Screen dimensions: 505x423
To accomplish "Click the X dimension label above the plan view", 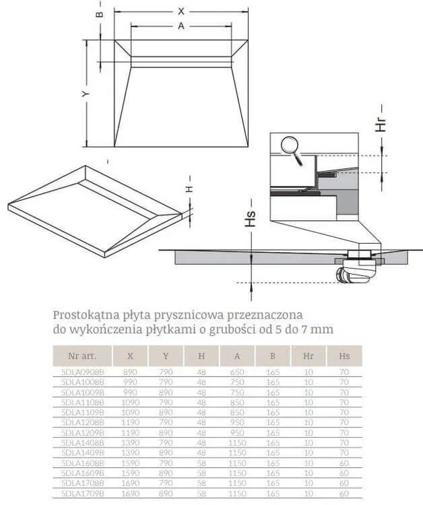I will point(181,11).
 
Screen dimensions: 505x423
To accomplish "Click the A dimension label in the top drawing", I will point(181,26).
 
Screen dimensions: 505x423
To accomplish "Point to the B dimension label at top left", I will point(99,13).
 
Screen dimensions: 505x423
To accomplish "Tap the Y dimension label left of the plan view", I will point(85,95).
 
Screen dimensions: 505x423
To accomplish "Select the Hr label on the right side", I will point(381,123).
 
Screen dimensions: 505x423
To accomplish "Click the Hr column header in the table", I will point(308,356).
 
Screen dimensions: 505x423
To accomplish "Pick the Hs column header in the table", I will point(344,356).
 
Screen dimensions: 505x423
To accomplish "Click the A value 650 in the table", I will point(237,372).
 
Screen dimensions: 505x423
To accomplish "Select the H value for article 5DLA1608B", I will point(201,463).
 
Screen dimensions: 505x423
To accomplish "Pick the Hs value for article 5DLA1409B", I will point(344,452).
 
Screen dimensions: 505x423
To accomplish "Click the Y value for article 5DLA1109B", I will point(166,412).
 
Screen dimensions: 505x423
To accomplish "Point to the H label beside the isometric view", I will point(189,189).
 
